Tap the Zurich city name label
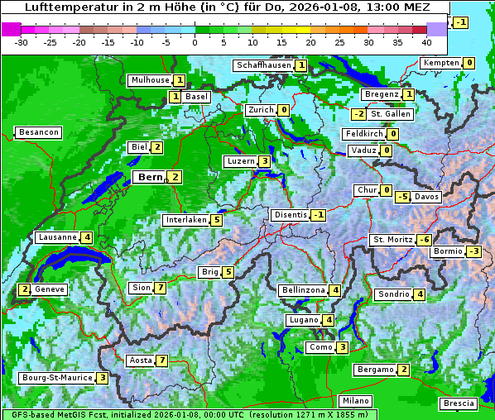260,110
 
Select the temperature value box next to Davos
402,197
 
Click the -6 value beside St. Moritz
423,240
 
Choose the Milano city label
356,401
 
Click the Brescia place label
459,403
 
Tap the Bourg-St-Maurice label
56,378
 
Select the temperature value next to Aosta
161,360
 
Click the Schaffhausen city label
264,65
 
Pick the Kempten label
440,63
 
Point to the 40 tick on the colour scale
426,41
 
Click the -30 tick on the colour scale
22,41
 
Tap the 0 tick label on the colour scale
195,41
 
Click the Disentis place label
290,215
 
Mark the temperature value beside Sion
160,288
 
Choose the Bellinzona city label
303,290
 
